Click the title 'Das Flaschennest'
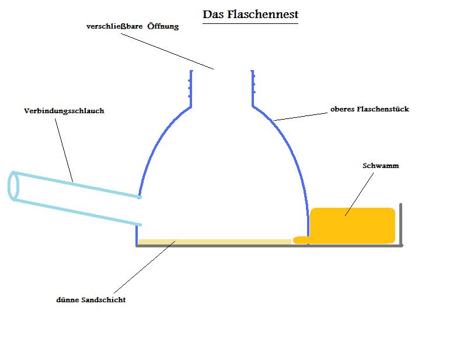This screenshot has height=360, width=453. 250,13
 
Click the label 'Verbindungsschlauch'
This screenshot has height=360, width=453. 64,111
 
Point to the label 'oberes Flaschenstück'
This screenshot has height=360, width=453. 370,109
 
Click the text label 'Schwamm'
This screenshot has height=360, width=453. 381,166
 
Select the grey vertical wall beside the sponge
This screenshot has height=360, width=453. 401,225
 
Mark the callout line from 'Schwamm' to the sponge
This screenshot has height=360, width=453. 358,194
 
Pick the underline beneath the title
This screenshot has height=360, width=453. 250,23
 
